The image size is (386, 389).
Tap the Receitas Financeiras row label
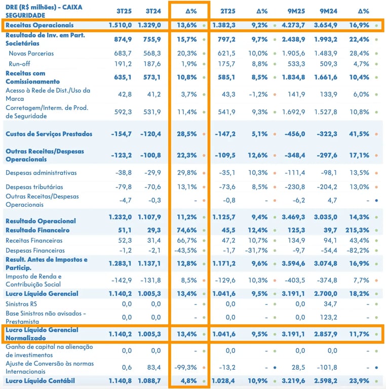pyautogui.click(x=34, y=240)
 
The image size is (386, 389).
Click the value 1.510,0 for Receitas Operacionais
pyautogui.click(x=121, y=25)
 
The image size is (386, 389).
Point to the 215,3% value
pyautogui.click(x=359, y=230)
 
